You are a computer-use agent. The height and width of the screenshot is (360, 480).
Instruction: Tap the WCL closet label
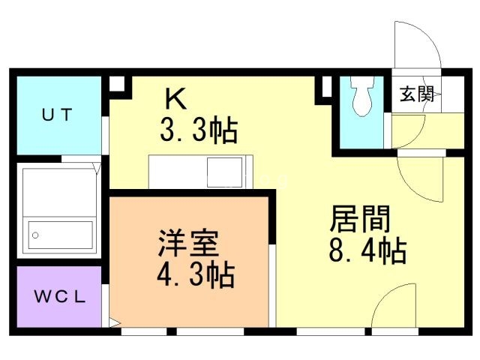coord(60,295)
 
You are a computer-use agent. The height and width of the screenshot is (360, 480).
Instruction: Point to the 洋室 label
coord(187,244)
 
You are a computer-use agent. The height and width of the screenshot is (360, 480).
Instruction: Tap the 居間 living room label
coord(360,219)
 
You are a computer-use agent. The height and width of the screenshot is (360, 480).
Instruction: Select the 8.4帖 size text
coord(367,250)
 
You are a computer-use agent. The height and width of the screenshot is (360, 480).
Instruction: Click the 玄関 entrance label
coord(416,94)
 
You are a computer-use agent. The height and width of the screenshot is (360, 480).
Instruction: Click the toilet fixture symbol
coord(361,97)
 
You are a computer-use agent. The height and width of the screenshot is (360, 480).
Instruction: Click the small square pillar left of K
coord(118,85)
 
